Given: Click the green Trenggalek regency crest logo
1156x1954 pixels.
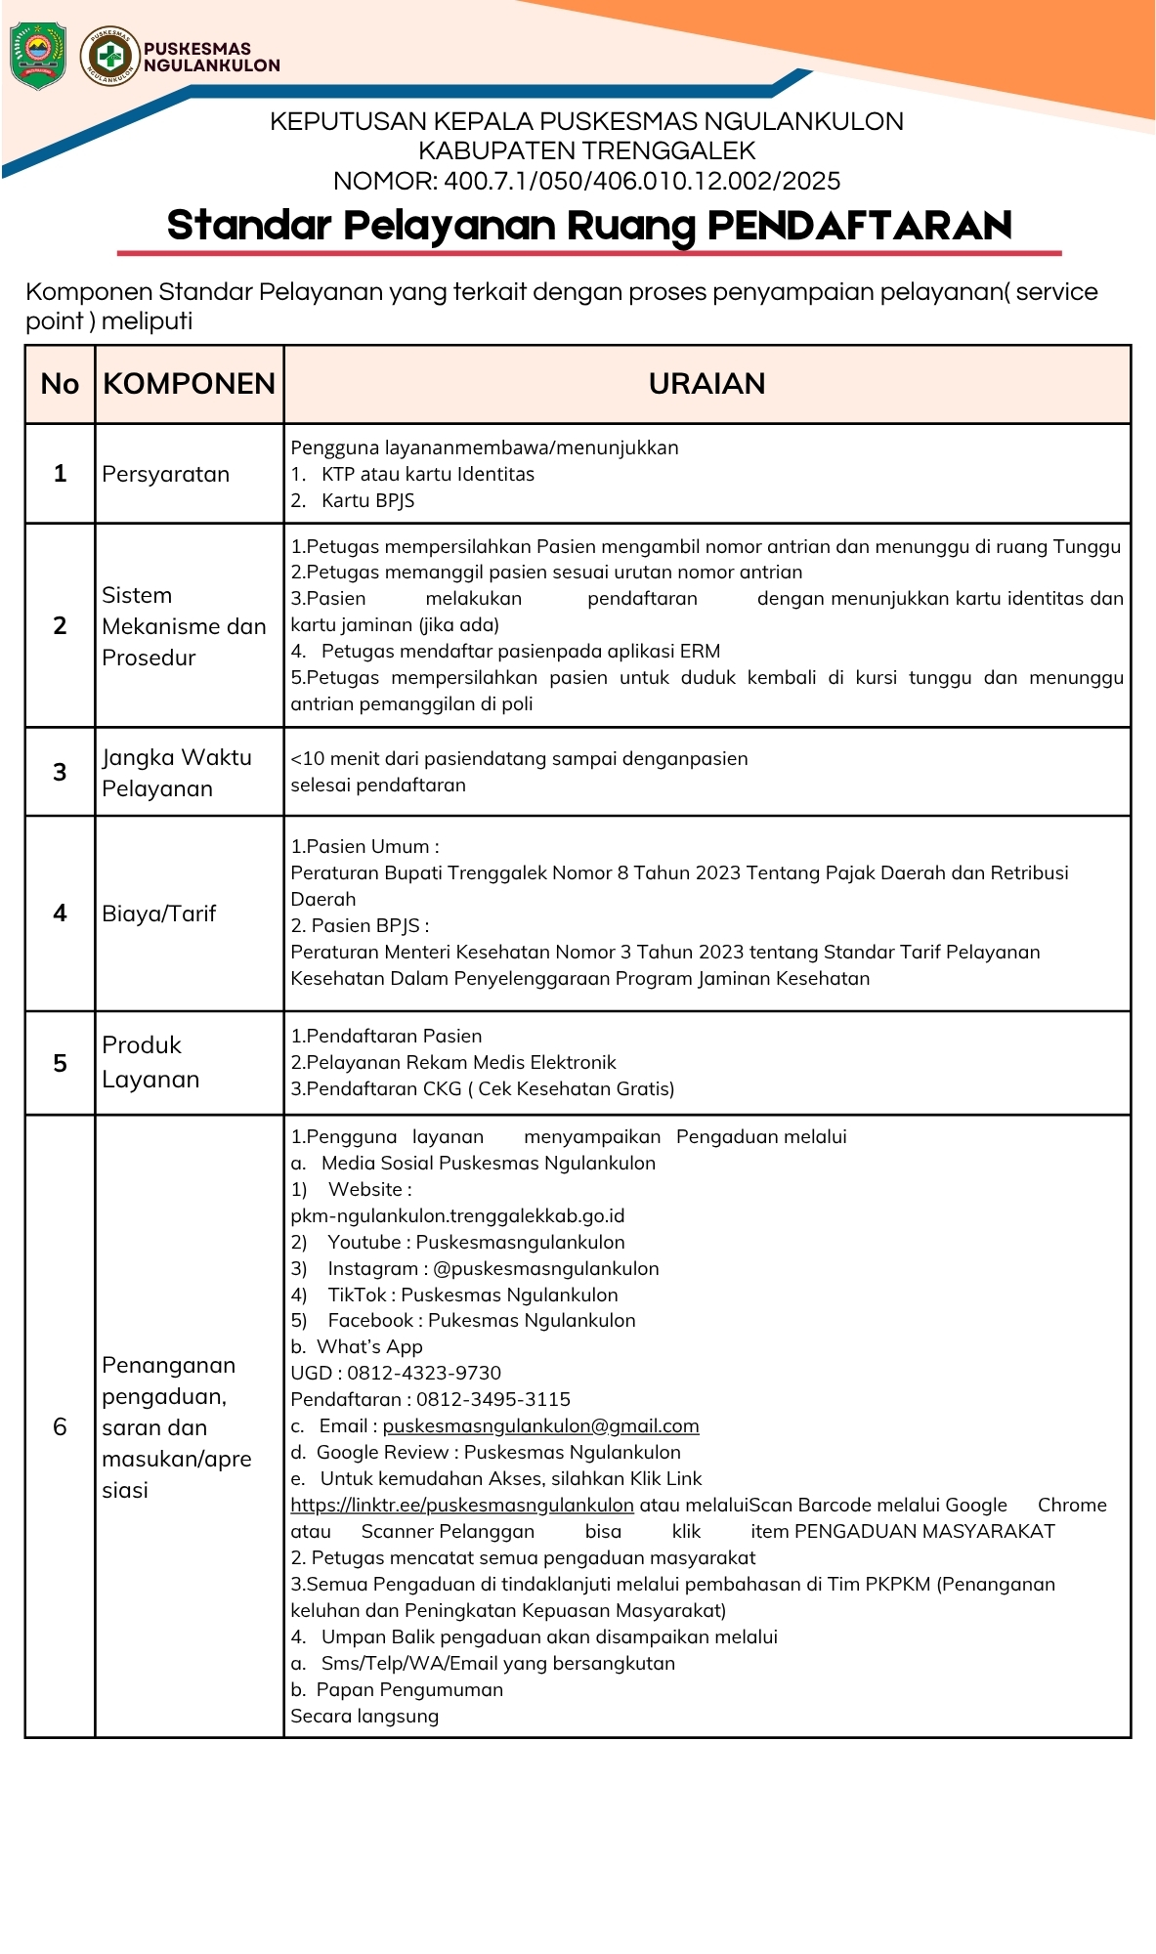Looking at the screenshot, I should [x=37, y=56].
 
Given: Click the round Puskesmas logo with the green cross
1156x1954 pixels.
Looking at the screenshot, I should [x=109, y=56].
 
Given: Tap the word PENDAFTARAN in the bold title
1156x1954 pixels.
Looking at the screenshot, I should [x=859, y=226].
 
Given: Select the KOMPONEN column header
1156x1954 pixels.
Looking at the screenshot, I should [x=189, y=384].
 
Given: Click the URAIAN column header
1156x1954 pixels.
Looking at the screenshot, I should [x=706, y=384].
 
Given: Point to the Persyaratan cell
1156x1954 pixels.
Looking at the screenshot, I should [x=166, y=475].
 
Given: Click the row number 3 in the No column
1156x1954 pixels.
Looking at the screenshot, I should [x=60, y=773].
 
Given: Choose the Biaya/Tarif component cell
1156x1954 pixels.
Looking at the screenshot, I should [x=159, y=914].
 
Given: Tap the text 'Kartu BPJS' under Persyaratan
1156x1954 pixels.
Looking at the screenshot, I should [x=367, y=501].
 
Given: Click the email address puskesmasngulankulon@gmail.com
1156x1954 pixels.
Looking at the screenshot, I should [x=540, y=1426].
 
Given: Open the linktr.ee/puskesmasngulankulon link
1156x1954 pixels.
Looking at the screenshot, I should [x=462, y=1506].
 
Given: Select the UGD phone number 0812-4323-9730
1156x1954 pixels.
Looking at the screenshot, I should [x=424, y=1374].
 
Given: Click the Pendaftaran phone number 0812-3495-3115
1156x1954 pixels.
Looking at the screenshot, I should [x=493, y=1400].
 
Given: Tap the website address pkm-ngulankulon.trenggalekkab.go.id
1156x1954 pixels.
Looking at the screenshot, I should [x=457, y=1216].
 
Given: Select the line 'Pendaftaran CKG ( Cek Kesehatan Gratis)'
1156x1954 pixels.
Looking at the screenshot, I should [x=483, y=1089].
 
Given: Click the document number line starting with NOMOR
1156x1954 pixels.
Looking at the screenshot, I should [x=586, y=182].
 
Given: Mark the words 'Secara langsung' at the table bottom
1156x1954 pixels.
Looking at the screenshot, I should [x=364, y=1717].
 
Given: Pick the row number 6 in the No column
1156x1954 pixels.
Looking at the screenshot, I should [x=60, y=1427].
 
